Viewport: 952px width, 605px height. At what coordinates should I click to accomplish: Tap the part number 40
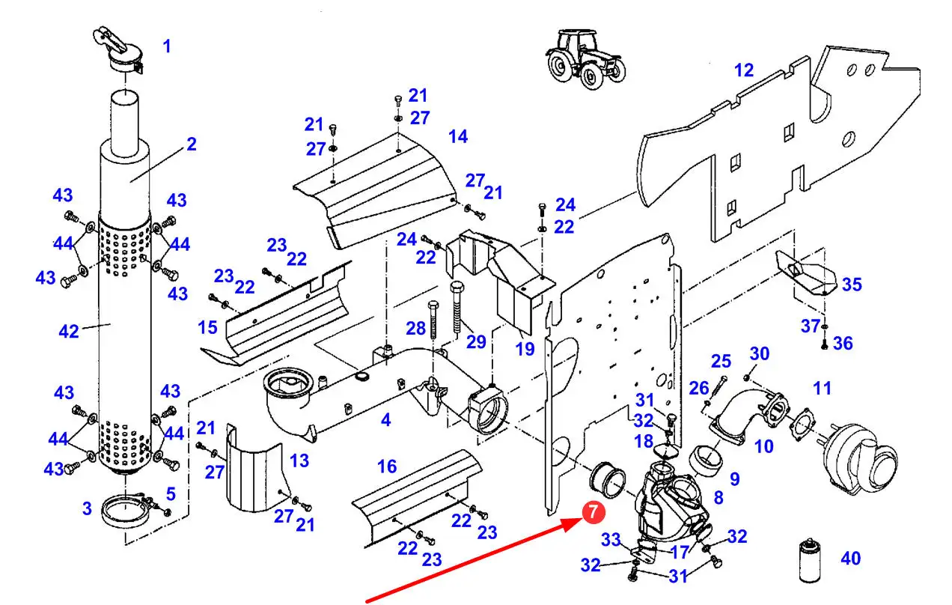pyautogui.click(x=850, y=558)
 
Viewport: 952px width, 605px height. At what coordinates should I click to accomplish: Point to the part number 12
pyautogui.click(x=744, y=70)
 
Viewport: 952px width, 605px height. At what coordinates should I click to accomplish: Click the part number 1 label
pyautogui.click(x=167, y=46)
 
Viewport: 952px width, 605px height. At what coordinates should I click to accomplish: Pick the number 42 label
pyautogui.click(x=69, y=330)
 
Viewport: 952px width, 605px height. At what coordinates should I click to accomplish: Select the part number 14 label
pyautogui.click(x=457, y=136)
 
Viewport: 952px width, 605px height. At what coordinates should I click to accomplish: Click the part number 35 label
pyautogui.click(x=852, y=285)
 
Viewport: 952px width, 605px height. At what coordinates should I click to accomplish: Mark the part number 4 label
pyautogui.click(x=385, y=421)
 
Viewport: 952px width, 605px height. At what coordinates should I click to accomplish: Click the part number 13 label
pyautogui.click(x=299, y=460)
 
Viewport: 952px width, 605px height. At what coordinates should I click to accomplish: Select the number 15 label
pyautogui.click(x=207, y=327)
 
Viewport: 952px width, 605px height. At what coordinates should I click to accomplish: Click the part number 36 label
pyautogui.click(x=843, y=343)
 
